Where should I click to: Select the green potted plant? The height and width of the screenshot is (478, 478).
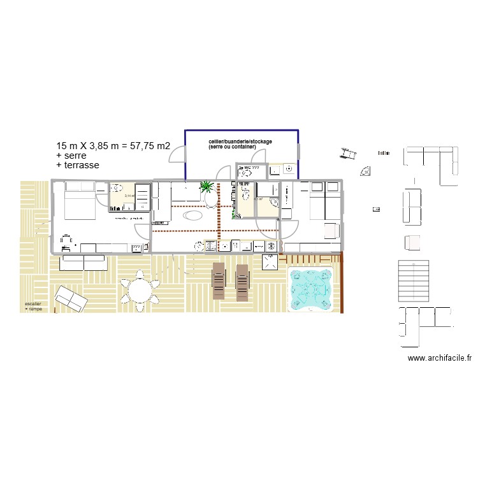[x=207, y=187]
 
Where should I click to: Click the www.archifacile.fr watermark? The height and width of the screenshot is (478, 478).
[x=439, y=359]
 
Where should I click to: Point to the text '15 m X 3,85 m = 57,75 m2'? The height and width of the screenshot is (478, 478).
[x=113, y=146]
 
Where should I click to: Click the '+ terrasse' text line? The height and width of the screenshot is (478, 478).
[x=78, y=165]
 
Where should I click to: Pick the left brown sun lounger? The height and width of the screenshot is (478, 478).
[x=219, y=281]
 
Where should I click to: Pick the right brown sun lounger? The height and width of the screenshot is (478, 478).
[x=242, y=281]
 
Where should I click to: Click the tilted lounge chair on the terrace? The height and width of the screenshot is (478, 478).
[x=70, y=299]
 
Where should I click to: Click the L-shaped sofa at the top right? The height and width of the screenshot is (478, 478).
[x=433, y=162]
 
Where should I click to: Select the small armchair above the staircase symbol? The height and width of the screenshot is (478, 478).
[x=412, y=243]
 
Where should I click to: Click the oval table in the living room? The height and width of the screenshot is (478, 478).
[x=192, y=215]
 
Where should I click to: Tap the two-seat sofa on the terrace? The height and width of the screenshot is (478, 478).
[x=83, y=263]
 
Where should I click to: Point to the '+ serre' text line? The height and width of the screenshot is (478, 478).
[x=71, y=156]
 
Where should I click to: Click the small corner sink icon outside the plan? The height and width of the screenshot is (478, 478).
[x=365, y=171]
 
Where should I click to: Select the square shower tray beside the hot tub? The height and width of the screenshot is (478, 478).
[x=270, y=261]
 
